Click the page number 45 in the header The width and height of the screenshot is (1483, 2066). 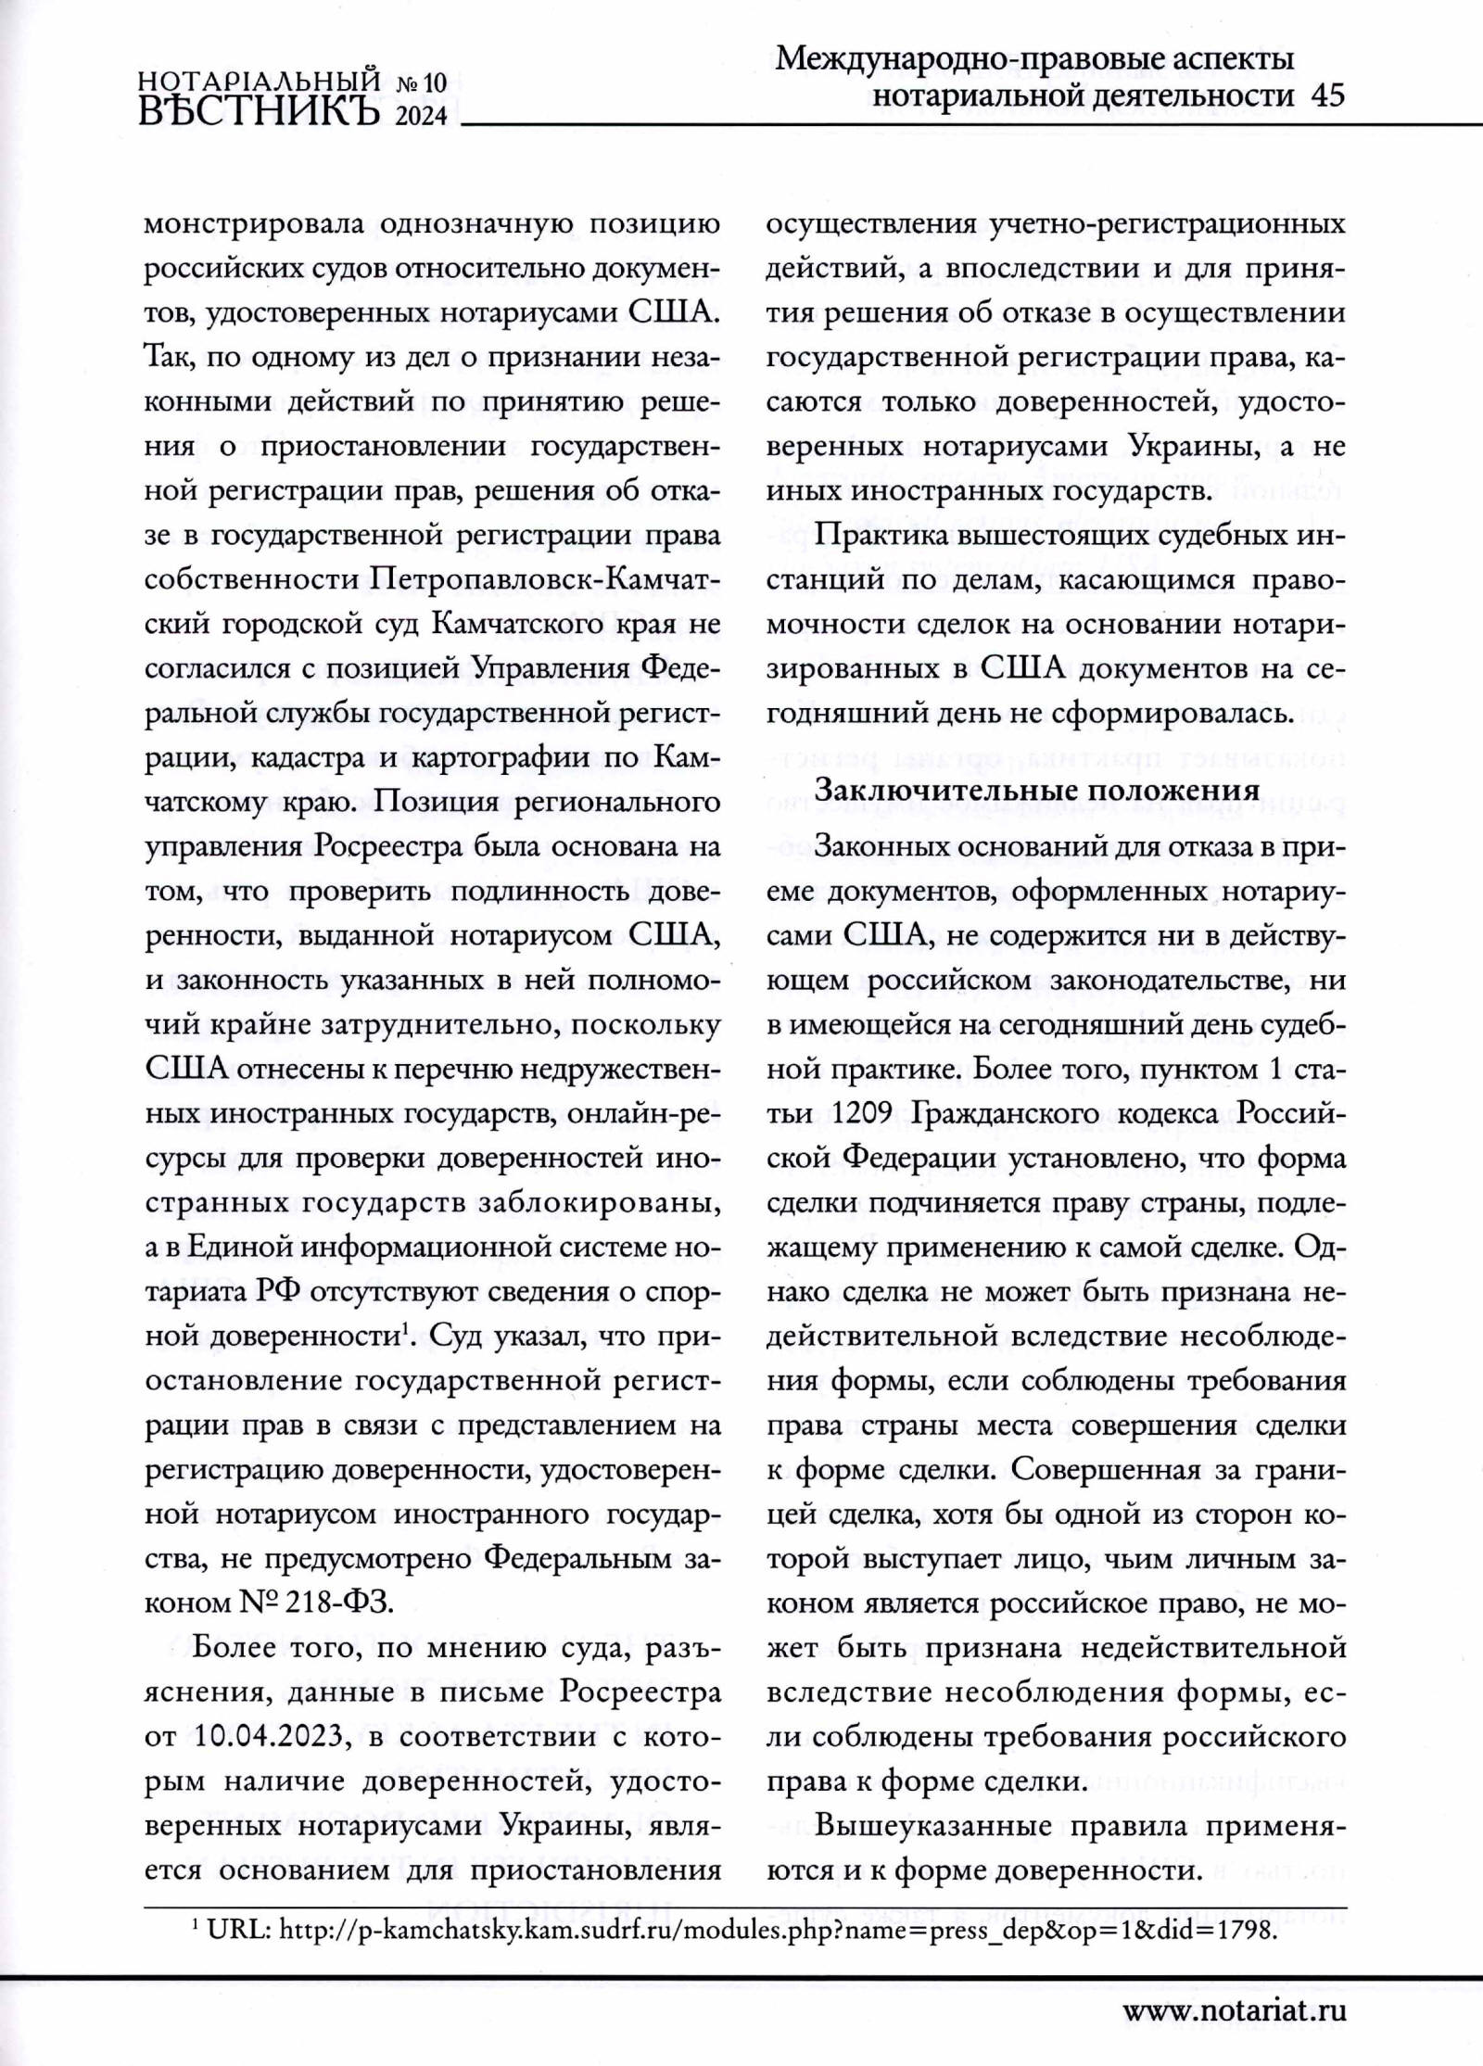tap(1327, 96)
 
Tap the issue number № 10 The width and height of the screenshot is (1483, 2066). tap(422, 84)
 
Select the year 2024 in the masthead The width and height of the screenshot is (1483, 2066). tap(421, 115)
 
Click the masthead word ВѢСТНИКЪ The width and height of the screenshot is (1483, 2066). tap(260, 110)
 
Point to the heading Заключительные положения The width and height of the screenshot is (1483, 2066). tap(1036, 790)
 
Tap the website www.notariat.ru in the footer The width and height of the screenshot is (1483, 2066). tap(1235, 2010)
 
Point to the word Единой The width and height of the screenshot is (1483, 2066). tap(239, 1247)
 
